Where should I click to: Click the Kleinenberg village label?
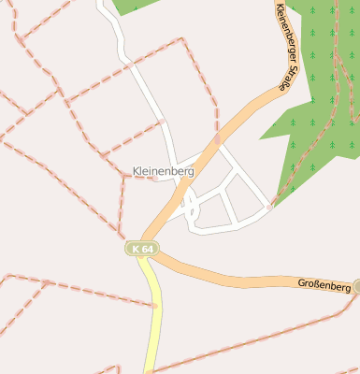(x=163, y=172)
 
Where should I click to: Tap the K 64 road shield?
(x=143, y=249)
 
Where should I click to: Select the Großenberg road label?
(x=324, y=284)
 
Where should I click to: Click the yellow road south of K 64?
(x=152, y=318)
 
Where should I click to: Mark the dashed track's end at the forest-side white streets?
(x=270, y=205)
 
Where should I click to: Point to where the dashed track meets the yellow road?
(x=156, y=306)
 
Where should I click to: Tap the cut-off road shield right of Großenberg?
(x=356, y=286)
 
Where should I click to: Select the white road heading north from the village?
(x=140, y=84)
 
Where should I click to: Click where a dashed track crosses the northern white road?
(x=162, y=122)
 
